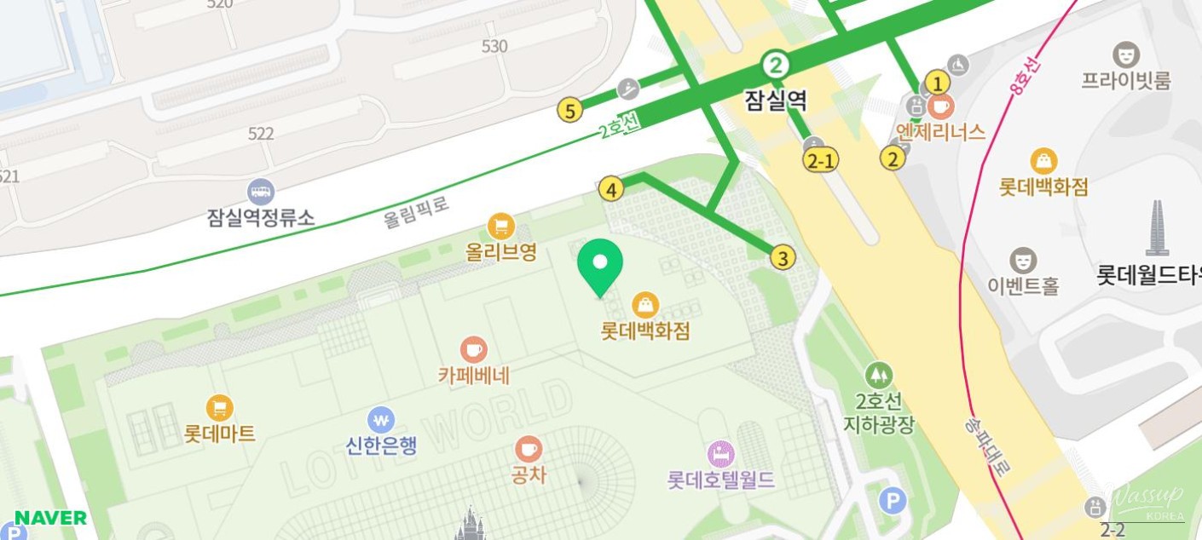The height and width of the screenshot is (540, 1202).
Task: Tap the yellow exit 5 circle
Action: point(569,110)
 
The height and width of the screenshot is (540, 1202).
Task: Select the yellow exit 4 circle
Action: point(610,188)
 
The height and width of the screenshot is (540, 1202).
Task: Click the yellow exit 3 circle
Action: point(783,257)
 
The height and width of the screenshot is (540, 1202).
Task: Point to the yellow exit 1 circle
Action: point(937,83)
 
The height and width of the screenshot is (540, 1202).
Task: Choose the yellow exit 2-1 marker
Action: point(822,160)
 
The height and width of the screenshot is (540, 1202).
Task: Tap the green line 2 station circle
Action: point(776,64)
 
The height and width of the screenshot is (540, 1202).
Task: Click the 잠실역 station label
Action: point(776,101)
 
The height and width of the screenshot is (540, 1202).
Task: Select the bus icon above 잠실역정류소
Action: point(260,192)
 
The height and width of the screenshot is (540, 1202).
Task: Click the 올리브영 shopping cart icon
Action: point(500,226)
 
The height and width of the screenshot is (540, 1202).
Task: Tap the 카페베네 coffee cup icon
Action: point(473,349)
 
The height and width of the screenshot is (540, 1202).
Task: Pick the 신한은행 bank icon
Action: point(381,420)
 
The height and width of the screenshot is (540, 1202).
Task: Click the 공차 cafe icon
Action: point(528,448)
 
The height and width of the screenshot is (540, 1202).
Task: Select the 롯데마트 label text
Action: point(219,434)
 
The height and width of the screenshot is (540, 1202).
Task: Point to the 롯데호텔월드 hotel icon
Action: point(721,453)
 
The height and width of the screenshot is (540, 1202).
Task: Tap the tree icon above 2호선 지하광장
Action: point(878,375)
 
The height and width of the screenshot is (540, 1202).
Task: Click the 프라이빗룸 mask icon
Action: point(1126,55)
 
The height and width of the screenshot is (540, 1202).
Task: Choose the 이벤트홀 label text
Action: point(1022,285)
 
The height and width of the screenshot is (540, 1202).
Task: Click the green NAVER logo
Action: point(50,518)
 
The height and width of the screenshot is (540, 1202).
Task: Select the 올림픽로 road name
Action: point(416,212)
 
